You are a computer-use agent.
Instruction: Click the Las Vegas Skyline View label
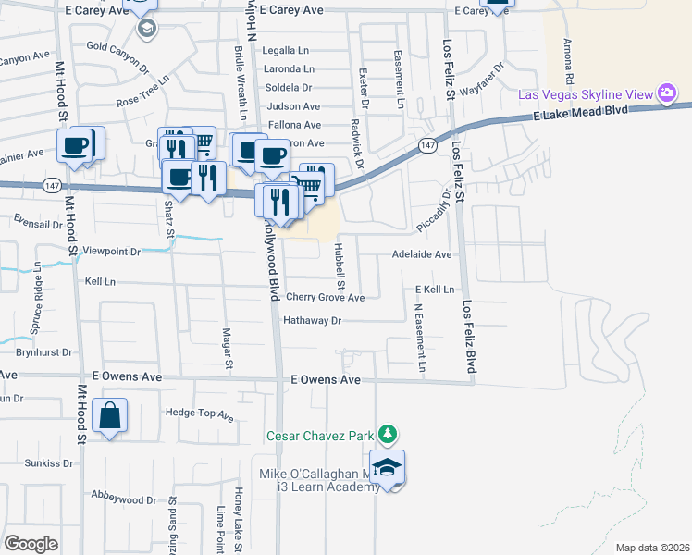pos(585,94)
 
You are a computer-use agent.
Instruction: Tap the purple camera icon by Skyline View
pos(665,93)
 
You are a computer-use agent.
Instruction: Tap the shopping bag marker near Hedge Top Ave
pos(110,416)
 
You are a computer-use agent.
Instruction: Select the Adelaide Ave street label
pos(421,254)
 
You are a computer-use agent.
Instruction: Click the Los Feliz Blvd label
pos(470,338)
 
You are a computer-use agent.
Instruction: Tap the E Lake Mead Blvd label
pos(580,111)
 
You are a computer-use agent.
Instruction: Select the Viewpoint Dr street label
pos(111,251)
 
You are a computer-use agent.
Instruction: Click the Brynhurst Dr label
pos(43,352)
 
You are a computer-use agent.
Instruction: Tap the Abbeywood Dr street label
pos(125,500)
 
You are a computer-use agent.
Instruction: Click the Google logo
pos(31,543)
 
